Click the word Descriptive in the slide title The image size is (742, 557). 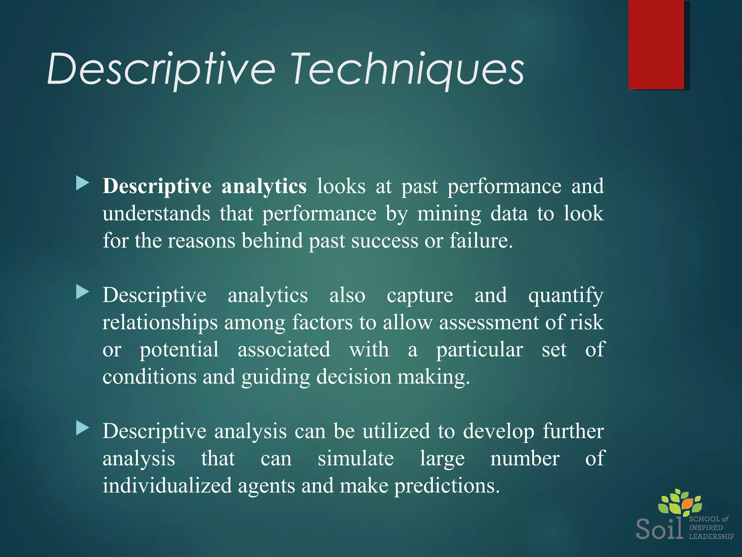click(x=161, y=69)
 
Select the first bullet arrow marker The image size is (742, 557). click(x=83, y=183)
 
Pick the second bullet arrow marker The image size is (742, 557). click(x=83, y=292)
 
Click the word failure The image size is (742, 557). click(x=481, y=241)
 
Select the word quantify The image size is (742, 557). click(x=566, y=296)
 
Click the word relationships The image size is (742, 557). click(x=160, y=323)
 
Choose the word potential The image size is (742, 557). click(x=179, y=350)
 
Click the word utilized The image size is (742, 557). click(x=396, y=432)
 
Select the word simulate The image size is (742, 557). click(x=355, y=459)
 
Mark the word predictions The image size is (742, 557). click(x=447, y=486)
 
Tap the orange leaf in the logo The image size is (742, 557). click(x=687, y=503)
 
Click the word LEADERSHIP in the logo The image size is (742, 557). click(x=711, y=536)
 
